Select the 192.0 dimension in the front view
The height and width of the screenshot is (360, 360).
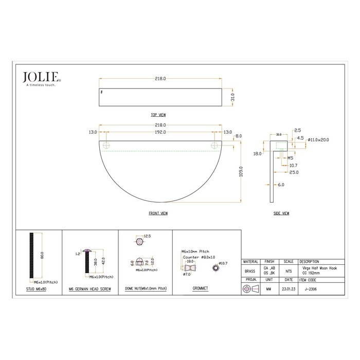[x=160, y=132]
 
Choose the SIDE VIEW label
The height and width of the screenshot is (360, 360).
[x=281, y=212]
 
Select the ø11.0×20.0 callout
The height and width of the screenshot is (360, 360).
[x=319, y=139]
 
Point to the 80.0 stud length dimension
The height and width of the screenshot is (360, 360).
[x=42, y=255]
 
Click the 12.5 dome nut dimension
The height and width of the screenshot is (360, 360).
[x=147, y=236]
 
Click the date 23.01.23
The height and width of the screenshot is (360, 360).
[x=289, y=290]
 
